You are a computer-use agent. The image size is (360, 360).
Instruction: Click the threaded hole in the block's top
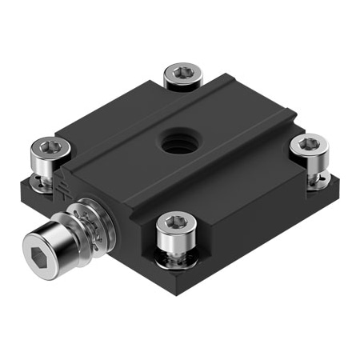176,142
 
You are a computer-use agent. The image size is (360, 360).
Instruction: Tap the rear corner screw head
183,77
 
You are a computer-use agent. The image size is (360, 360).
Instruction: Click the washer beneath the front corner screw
178,258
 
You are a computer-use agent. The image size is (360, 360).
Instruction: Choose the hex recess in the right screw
309,143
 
